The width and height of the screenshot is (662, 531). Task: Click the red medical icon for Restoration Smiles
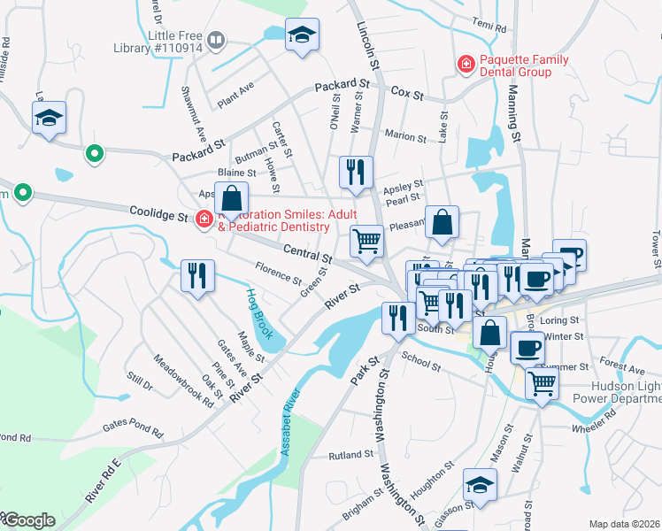[x=204, y=219]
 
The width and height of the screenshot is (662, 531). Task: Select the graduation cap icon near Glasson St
[x=480, y=484]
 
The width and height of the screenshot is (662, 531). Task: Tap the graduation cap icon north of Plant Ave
[x=302, y=35]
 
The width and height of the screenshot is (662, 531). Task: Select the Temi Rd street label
[x=489, y=26]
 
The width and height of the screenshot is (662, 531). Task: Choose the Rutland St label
[x=351, y=454]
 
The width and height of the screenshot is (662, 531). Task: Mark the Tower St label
[x=656, y=250]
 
